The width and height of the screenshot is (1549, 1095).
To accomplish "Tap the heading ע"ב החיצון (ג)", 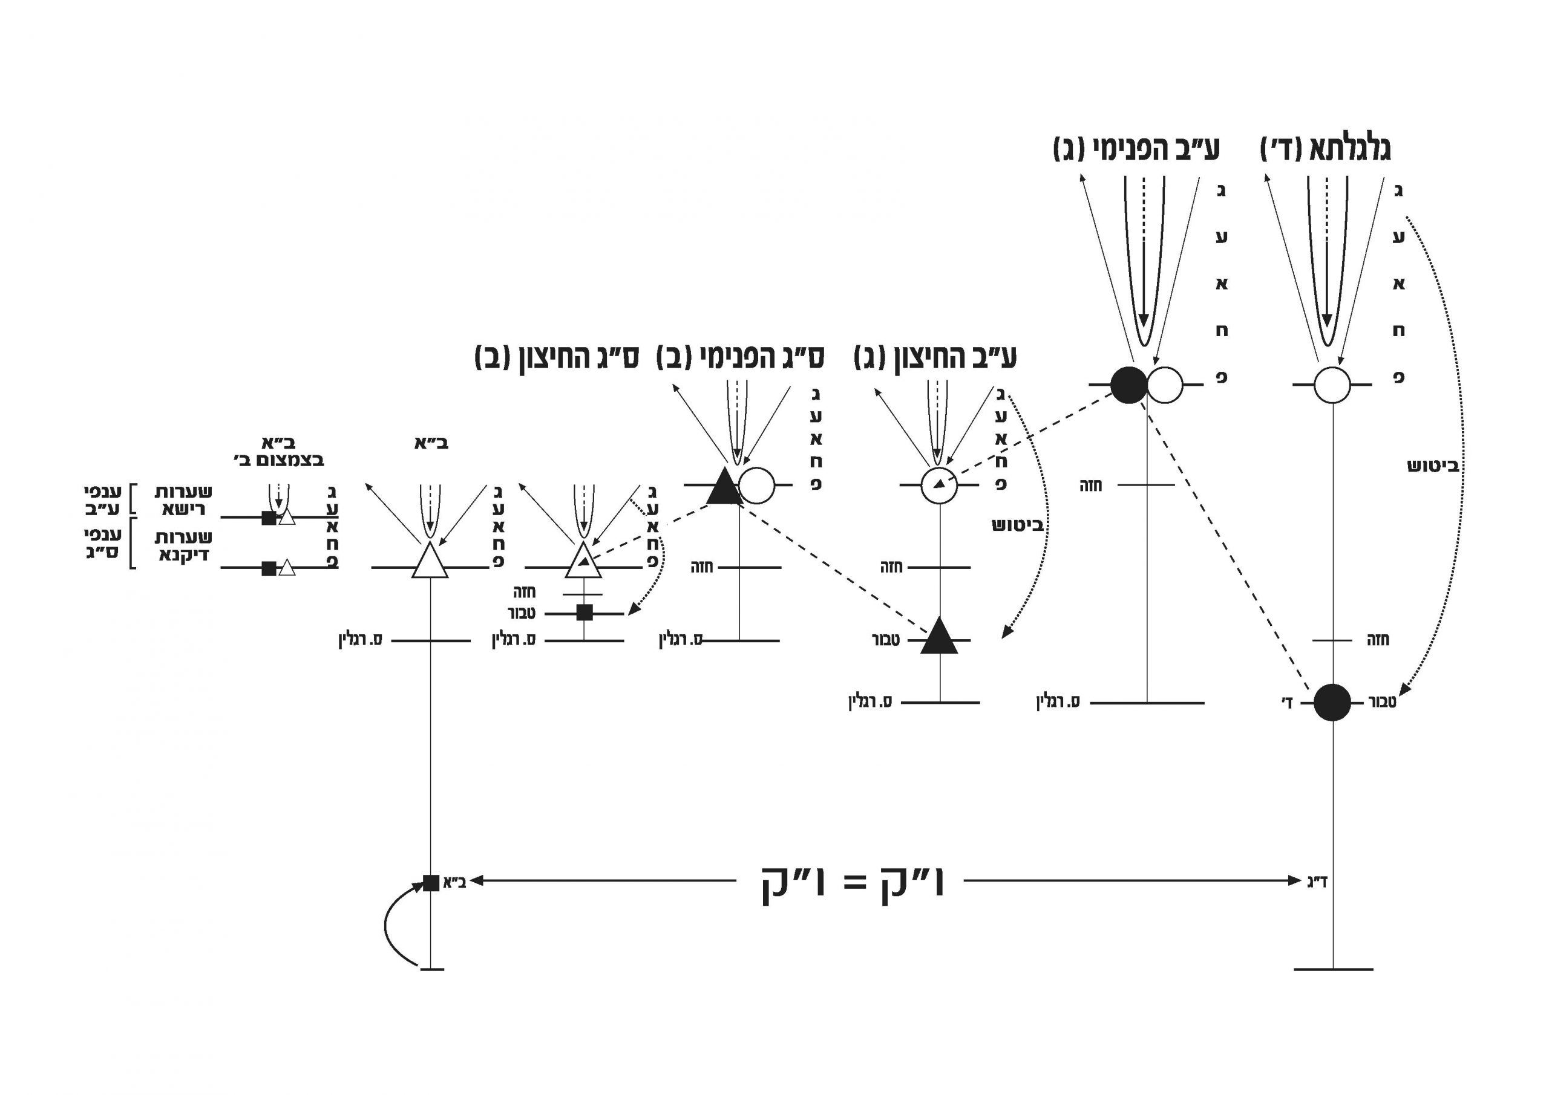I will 935,358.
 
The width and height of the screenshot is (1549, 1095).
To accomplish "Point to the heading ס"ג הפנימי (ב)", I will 740,358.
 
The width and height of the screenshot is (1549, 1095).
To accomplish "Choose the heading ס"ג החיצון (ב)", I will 557,358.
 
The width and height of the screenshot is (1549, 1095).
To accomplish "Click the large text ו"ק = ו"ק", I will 852,884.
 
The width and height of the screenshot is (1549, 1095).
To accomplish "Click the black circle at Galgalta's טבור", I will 1332,703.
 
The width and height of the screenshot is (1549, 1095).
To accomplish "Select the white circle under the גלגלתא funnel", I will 1332,385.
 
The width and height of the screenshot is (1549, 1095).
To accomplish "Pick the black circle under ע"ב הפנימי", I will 1128,385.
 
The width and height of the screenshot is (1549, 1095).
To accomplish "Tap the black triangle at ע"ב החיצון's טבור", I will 939,637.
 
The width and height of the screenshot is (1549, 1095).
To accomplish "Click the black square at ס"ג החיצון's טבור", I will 585,612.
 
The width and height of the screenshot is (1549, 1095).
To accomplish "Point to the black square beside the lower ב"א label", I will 431,883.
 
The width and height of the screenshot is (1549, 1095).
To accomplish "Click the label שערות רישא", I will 183,500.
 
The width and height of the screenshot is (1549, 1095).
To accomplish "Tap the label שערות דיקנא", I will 183,546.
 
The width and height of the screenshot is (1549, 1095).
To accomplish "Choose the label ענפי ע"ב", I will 103,499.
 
